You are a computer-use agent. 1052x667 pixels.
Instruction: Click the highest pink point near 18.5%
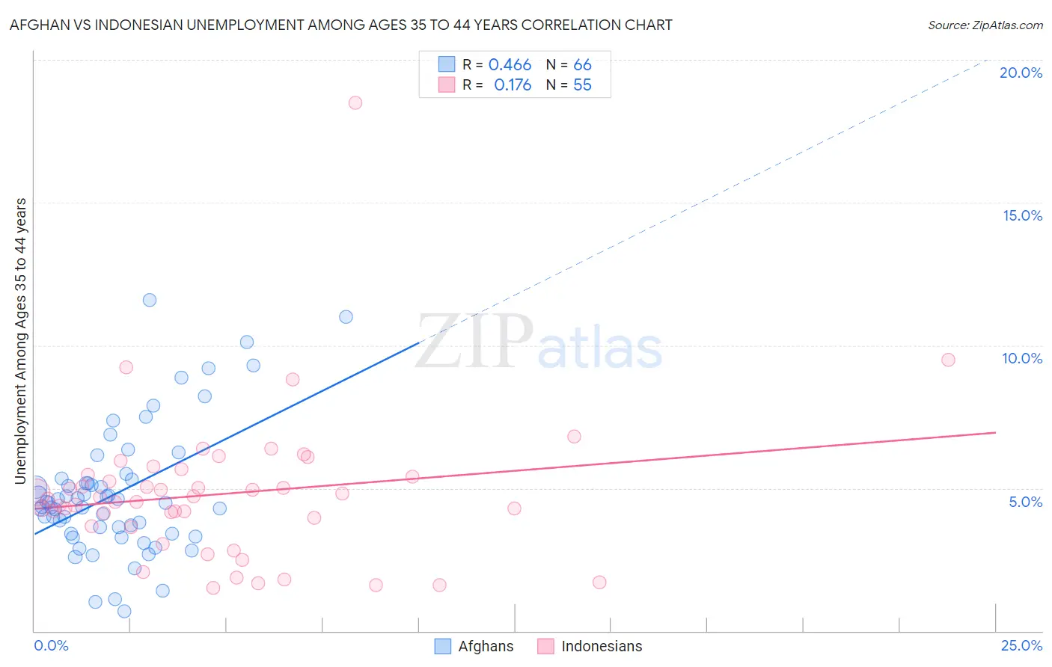pos(355,102)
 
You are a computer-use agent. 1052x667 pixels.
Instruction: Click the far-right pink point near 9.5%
pos(948,360)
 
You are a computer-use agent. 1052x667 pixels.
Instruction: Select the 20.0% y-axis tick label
pos(1021,73)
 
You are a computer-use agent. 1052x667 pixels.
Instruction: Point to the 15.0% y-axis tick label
pos(1022,215)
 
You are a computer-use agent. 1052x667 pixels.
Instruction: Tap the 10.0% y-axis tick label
pos(1022,358)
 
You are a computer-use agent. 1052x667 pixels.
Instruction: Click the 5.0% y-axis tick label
pos(1025,502)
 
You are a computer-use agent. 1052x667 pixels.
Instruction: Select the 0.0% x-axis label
pos(51,645)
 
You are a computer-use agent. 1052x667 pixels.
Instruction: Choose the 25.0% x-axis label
pos(1021,645)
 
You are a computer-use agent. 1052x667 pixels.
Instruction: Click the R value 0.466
pos(510,65)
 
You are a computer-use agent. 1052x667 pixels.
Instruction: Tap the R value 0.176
pos(513,85)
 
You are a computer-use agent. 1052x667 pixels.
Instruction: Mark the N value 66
pos(582,65)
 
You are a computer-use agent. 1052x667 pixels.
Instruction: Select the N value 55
pos(582,85)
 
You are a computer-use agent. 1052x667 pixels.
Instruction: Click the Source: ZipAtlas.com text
pos(985,25)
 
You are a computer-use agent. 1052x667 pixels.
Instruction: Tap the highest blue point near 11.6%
pos(150,300)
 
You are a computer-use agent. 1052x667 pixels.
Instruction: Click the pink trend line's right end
pos(994,433)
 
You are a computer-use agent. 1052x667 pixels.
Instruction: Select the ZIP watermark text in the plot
pos(474,342)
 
